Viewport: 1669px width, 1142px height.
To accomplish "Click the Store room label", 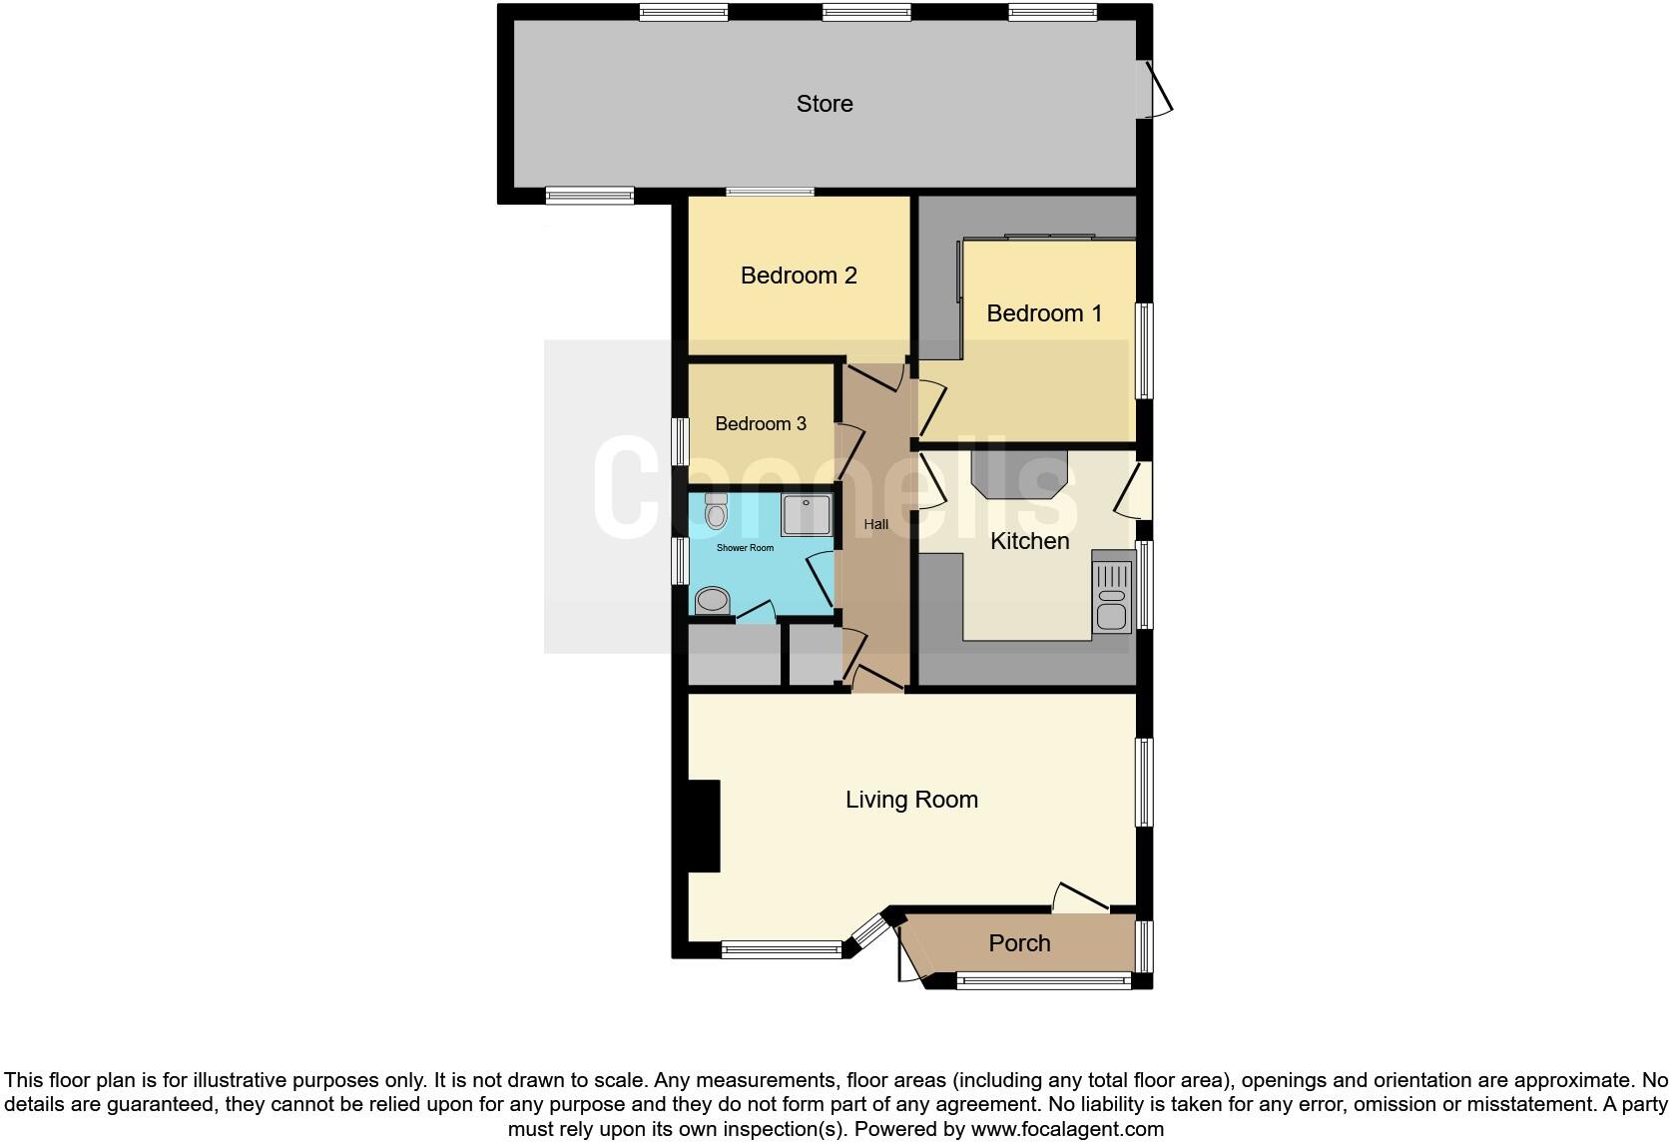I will click(825, 104).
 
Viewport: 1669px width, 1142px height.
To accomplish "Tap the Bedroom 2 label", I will click(799, 276).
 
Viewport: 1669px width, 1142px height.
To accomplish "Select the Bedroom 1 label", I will click(1044, 313).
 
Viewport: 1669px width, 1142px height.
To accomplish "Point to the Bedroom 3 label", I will click(761, 424).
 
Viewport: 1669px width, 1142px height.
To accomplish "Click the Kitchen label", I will click(1029, 541).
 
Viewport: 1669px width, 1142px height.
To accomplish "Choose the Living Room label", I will click(911, 800).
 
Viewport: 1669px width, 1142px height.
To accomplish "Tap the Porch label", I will click(1019, 943).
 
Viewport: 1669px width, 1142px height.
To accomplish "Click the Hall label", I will click(876, 524).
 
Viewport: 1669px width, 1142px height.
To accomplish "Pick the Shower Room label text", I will click(745, 548).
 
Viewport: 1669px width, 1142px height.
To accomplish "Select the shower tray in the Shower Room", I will click(806, 515).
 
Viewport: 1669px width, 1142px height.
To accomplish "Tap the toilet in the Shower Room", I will click(716, 511).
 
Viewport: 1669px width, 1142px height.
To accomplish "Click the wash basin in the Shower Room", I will click(712, 601).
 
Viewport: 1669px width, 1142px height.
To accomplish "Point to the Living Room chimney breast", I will click(705, 826).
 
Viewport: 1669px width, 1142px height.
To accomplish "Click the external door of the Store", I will click(1158, 91).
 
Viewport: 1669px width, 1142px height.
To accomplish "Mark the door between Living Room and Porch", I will click(1081, 897).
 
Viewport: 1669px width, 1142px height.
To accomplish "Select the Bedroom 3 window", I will click(681, 440).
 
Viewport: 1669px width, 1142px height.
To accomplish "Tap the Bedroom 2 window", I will click(770, 192).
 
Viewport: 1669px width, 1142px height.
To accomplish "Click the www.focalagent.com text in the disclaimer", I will click(1066, 1130).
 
